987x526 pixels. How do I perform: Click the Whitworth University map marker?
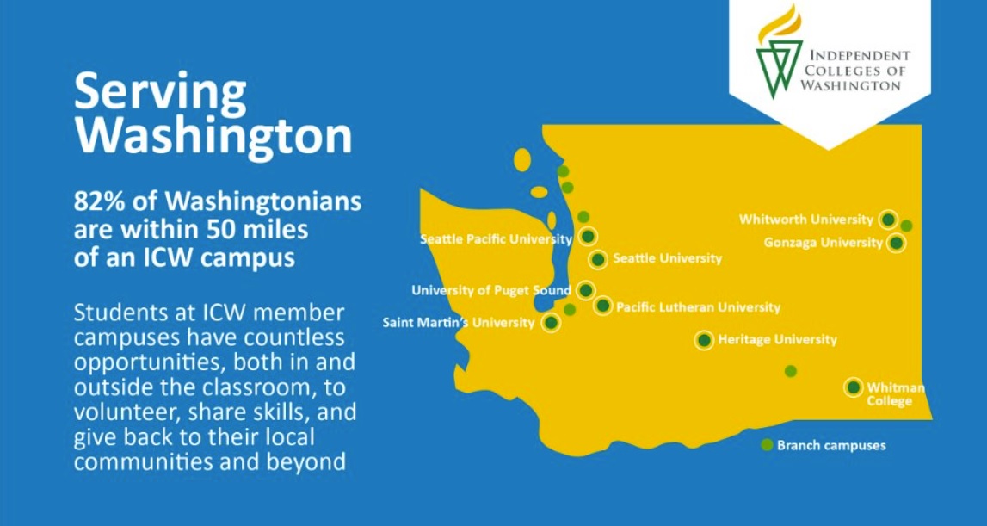click(x=889, y=220)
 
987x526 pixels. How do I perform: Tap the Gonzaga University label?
click(x=823, y=243)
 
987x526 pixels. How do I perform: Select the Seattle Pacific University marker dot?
click(x=588, y=236)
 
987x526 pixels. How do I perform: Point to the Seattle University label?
click(x=667, y=258)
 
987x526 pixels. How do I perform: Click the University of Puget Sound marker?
click(x=586, y=290)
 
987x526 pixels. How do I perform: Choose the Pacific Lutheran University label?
click(x=698, y=306)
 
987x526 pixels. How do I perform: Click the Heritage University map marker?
click(x=704, y=340)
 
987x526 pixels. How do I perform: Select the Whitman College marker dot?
click(x=853, y=387)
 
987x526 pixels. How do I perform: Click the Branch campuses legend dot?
click(x=767, y=445)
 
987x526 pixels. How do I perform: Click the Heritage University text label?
click(x=778, y=339)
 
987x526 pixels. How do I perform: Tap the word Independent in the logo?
click(x=857, y=55)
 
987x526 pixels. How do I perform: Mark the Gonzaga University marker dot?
click(x=896, y=243)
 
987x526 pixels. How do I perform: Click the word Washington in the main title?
click(x=213, y=135)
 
